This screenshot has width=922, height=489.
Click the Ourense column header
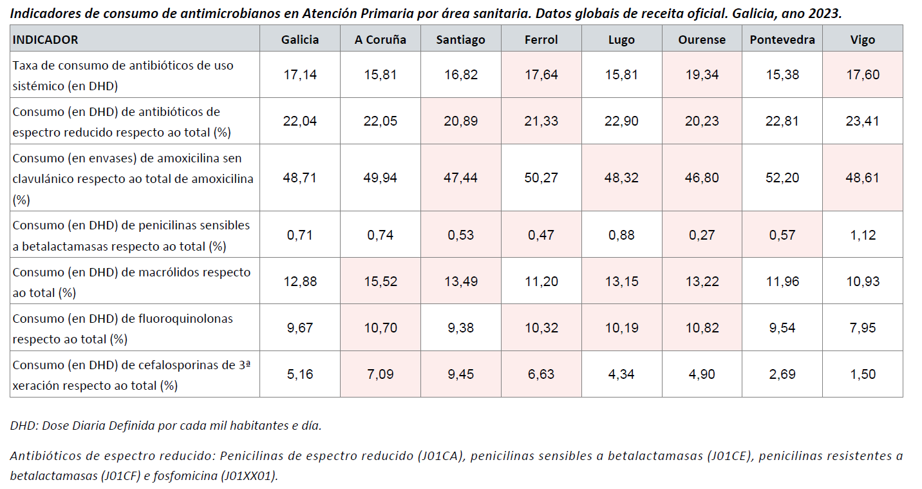coord(701,39)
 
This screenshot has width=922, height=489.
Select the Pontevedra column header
coord(782,39)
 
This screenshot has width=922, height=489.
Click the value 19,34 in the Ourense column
coord(701,75)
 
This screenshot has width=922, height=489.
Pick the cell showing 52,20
coord(782,178)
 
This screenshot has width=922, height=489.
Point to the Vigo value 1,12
coord(862,235)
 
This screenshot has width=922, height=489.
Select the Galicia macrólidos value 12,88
coord(300,282)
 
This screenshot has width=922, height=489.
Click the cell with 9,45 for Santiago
coord(460,374)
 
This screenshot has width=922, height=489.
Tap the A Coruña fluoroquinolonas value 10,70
coord(380,328)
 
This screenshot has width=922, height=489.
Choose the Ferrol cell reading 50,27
coord(541,178)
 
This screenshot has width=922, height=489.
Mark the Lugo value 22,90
coord(621,121)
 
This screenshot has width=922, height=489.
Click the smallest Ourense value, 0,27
coord(701,235)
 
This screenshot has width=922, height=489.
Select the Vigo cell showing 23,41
coord(862,121)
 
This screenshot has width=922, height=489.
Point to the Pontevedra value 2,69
coord(782,374)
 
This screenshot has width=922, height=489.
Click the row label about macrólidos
coord(131,282)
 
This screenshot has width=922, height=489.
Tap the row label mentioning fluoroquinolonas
coord(122,328)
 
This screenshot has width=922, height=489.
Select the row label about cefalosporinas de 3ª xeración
coord(131,374)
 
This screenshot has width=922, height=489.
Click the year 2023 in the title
coord(824,13)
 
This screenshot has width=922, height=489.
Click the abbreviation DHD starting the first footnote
coord(23,425)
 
